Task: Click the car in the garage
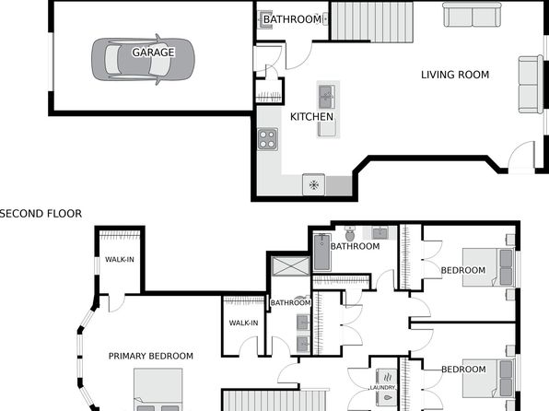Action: (143, 60)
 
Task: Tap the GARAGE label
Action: (153, 53)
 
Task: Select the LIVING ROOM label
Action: (455, 75)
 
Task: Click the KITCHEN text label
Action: (311, 117)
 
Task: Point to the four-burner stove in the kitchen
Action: (268, 139)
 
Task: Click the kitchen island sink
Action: (327, 97)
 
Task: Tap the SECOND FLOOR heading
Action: (41, 214)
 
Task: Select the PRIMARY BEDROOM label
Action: (151, 356)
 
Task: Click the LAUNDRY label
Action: (382, 388)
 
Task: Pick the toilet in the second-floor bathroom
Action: (350, 233)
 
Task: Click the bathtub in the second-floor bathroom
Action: (321, 252)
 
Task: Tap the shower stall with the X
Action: (290, 266)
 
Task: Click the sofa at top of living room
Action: (473, 15)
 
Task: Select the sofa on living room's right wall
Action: (531, 85)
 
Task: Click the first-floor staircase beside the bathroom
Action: (372, 22)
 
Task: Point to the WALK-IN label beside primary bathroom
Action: (244, 323)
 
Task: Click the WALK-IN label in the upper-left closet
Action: (120, 260)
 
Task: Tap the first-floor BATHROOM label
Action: (292, 19)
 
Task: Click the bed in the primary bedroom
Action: (158, 390)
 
